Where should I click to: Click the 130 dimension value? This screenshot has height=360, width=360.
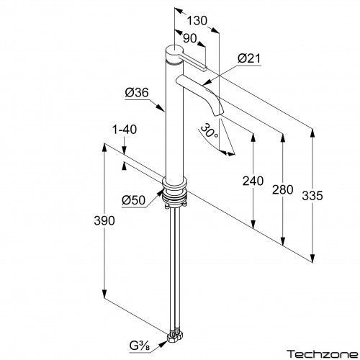(x=197, y=21)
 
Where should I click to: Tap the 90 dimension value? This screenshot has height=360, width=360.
(x=190, y=38)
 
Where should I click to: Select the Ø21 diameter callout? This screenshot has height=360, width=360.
(x=249, y=58)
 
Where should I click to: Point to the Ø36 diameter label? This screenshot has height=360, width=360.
(x=137, y=92)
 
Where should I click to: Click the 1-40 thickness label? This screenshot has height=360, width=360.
(x=125, y=130)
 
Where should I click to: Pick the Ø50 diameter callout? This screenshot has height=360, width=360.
(x=133, y=199)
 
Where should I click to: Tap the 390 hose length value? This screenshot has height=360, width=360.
(x=104, y=220)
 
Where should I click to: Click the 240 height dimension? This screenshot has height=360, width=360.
(x=253, y=181)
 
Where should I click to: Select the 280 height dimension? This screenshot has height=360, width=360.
(x=283, y=189)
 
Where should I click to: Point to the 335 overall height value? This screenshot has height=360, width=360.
(x=312, y=195)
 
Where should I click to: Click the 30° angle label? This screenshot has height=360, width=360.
(x=210, y=131)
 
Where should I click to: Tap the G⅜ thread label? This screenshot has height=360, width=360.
(x=140, y=346)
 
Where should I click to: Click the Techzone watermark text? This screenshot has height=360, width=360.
(x=323, y=354)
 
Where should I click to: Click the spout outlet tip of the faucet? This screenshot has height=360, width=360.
(x=219, y=114)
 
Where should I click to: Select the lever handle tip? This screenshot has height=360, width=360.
(x=204, y=68)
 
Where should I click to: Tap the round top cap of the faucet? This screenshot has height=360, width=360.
(x=175, y=53)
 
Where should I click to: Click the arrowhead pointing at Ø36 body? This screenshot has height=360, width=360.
(x=161, y=107)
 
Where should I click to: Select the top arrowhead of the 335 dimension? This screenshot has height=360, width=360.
(x=312, y=133)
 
